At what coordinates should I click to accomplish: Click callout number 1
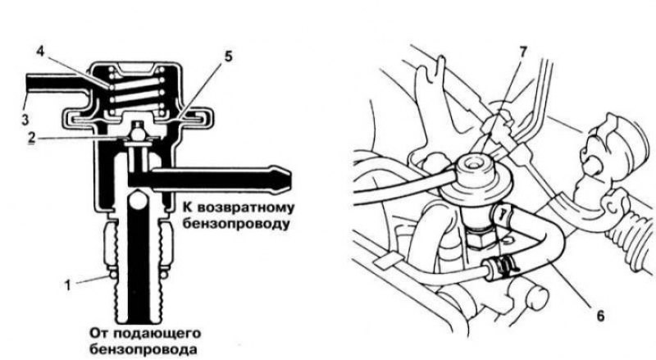coord(67,285)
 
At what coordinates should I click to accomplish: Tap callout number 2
coord(32,138)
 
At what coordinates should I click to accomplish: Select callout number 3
coord(25,119)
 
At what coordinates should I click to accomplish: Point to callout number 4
coord(40,52)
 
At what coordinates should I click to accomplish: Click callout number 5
coord(228,56)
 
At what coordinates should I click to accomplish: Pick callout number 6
coord(600,316)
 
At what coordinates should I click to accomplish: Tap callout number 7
coord(523,52)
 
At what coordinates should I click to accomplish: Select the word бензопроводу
coord(236,224)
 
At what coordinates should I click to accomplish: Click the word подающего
coord(157,334)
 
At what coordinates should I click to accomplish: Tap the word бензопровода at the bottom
coord(143,349)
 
